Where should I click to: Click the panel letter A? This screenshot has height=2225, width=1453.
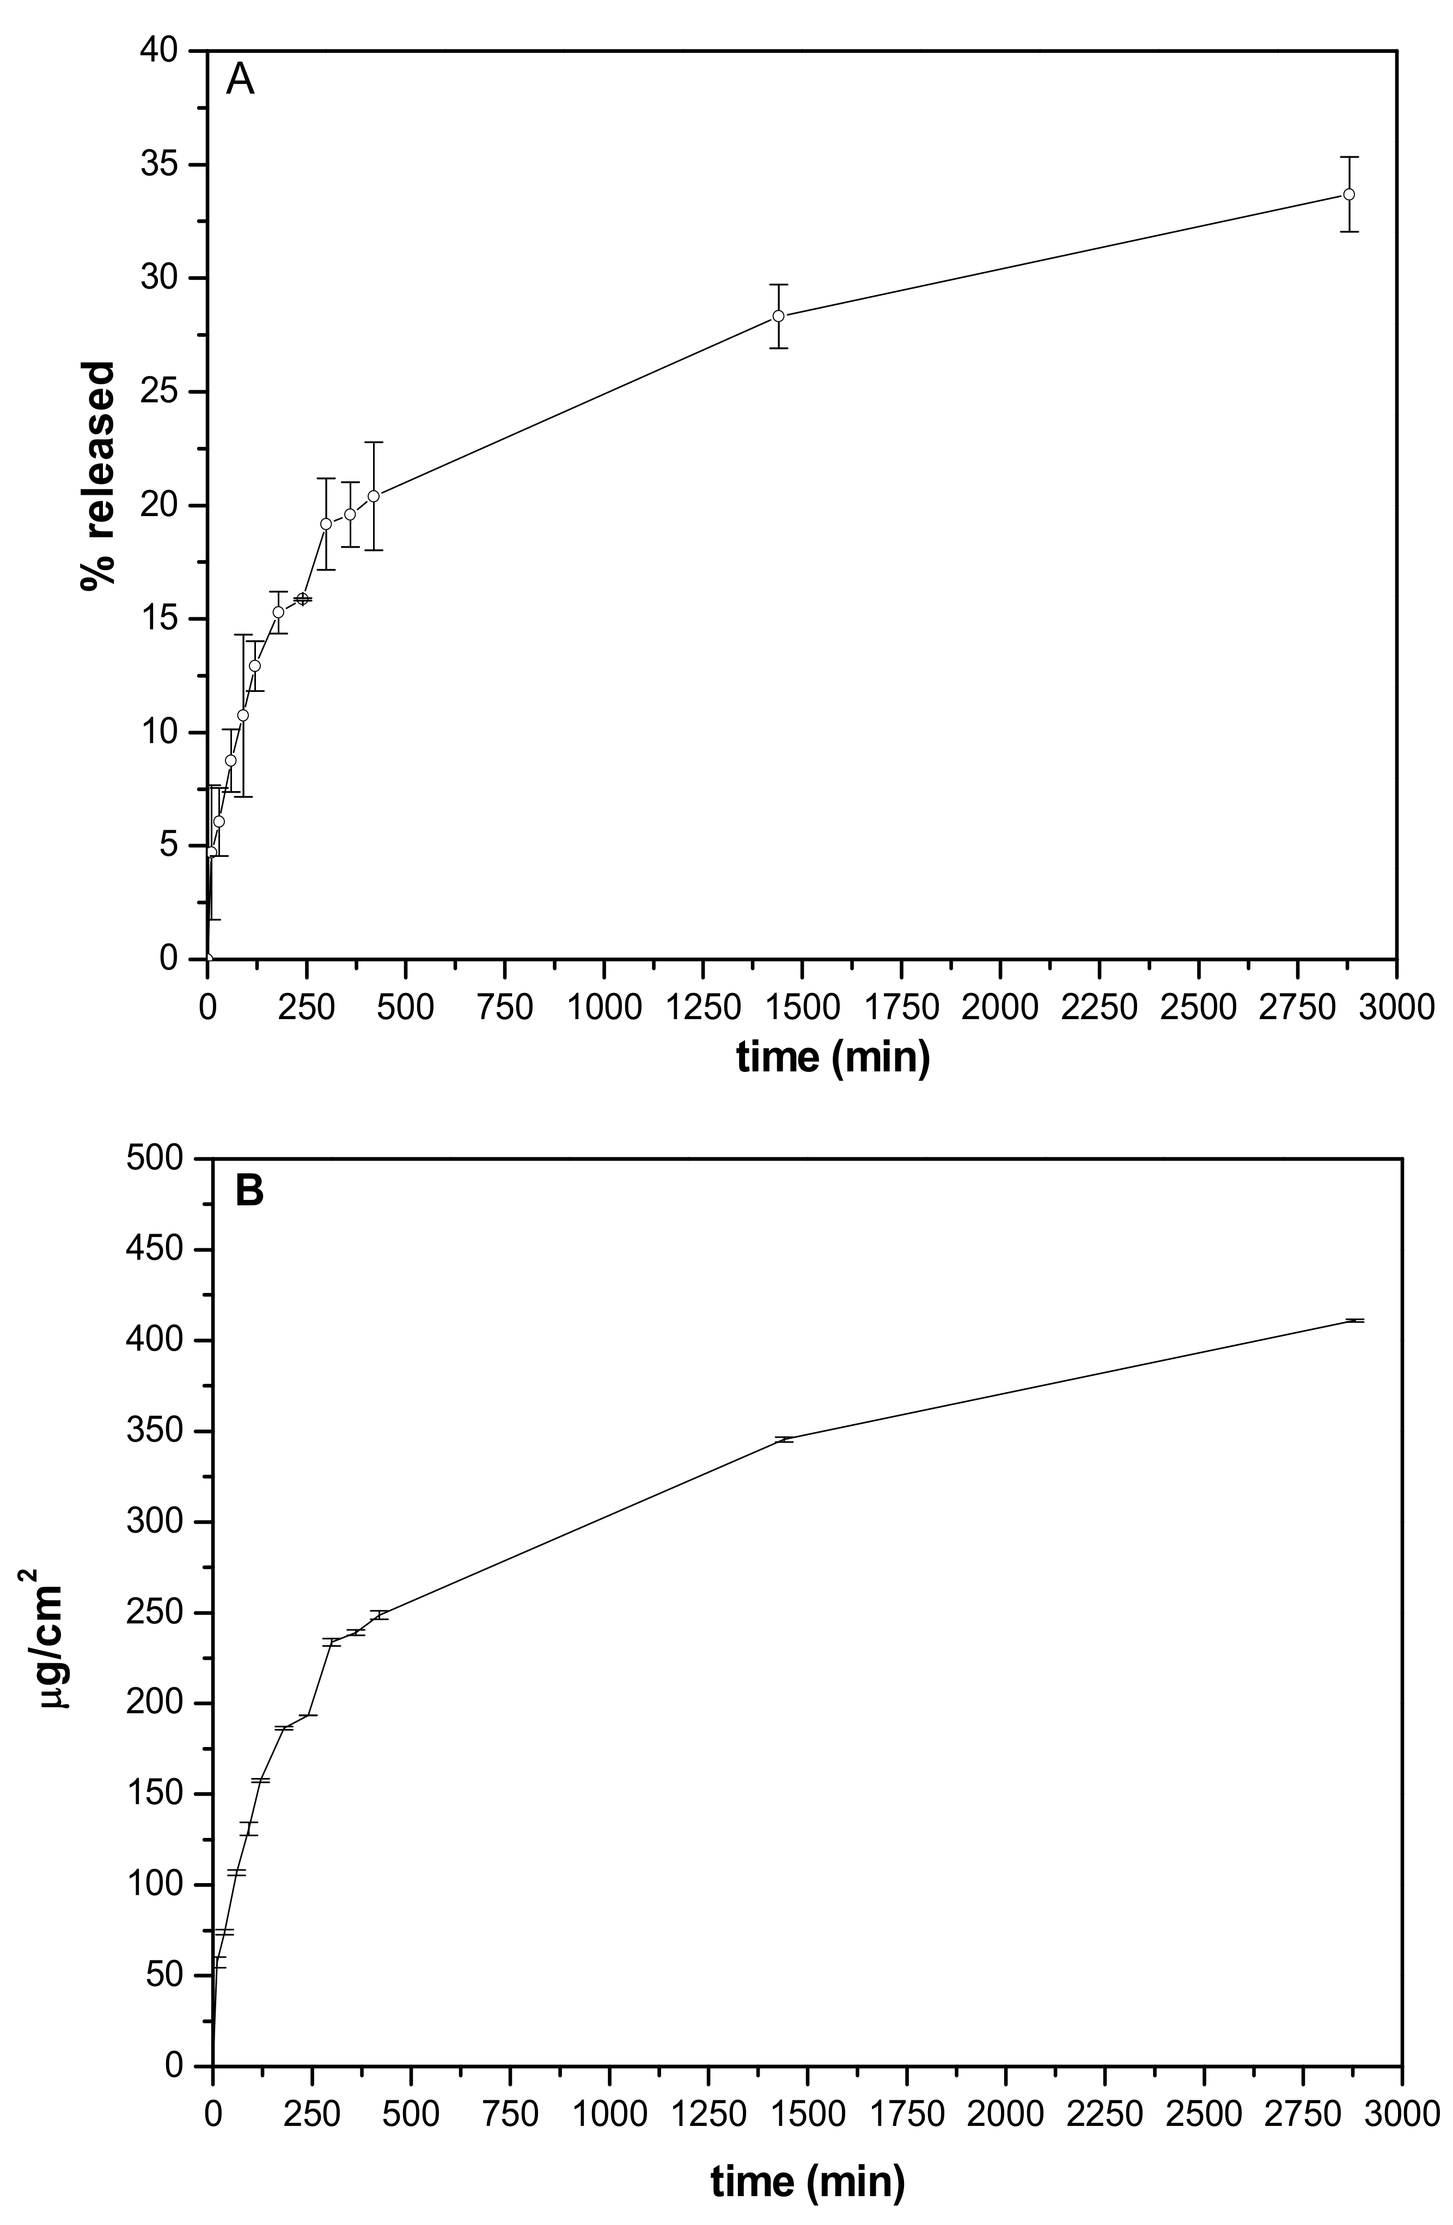240,81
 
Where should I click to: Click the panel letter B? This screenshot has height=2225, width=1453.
249,1192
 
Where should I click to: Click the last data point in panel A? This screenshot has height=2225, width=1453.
1348,194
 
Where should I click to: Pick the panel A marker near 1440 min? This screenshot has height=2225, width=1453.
778,316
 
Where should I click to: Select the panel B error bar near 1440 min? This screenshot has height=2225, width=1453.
784,1440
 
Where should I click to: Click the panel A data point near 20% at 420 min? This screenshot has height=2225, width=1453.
373,497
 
